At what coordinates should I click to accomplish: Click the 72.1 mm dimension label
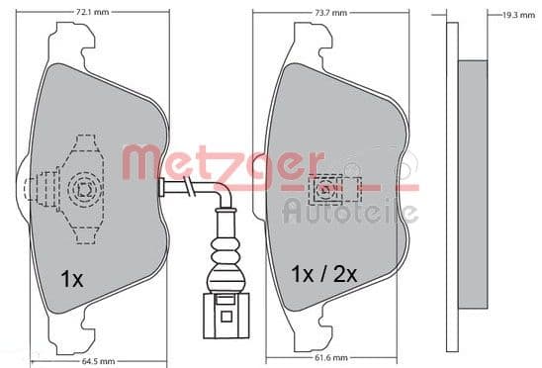(x=92, y=12)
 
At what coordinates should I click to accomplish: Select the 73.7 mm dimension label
(x=330, y=13)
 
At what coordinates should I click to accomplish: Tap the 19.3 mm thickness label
(x=518, y=15)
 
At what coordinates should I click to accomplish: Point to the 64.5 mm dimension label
(x=98, y=362)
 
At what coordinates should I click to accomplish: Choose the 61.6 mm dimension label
(x=330, y=358)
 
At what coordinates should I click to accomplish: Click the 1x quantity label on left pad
(x=72, y=279)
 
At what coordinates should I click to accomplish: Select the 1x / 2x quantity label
(x=323, y=274)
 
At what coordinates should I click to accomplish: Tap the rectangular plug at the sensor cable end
(x=226, y=316)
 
